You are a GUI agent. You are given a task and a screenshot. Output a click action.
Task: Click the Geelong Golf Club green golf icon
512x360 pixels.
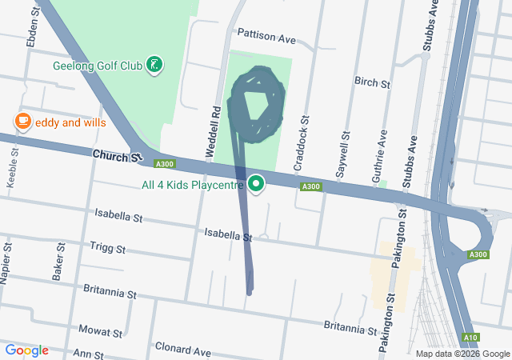[x=155, y=65]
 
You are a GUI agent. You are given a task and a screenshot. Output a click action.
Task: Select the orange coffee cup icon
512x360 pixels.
[x=23, y=122]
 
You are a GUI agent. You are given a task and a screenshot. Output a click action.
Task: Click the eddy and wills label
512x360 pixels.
[x=70, y=122]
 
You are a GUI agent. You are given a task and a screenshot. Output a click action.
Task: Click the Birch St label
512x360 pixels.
[x=372, y=82]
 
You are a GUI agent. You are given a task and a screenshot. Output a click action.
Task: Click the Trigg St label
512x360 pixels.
[x=108, y=249]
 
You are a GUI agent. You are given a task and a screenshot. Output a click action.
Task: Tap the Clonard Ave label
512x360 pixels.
[x=183, y=350]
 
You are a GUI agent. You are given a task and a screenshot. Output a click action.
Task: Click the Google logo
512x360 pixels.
[x=26, y=350]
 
